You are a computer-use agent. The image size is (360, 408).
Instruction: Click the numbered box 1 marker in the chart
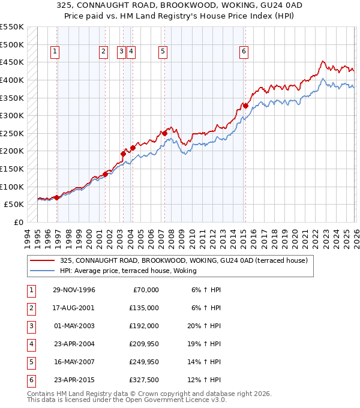tap(55, 52)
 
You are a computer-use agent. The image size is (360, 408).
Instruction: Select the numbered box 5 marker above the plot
tap(163, 52)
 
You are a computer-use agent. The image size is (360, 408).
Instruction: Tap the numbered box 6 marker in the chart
tap(244, 52)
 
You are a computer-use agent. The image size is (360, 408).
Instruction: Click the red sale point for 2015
tap(245, 106)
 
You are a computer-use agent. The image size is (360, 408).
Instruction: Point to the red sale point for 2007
tap(164, 133)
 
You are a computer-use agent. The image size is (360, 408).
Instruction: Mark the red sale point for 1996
tap(57, 197)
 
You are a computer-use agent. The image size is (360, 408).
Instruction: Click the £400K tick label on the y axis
tap(11, 80)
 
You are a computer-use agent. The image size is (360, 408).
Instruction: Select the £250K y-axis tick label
tap(11, 133)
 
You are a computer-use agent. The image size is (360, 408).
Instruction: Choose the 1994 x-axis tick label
tap(28, 237)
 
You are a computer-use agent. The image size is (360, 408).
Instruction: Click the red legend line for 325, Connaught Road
tap(43, 260)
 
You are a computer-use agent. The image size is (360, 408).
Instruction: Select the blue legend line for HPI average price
tap(43, 271)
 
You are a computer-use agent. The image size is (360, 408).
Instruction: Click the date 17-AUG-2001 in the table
tap(74, 308)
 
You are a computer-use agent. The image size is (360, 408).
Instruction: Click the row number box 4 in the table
tap(31, 344)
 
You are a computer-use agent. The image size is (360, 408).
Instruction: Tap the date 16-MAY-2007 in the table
tap(74, 362)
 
